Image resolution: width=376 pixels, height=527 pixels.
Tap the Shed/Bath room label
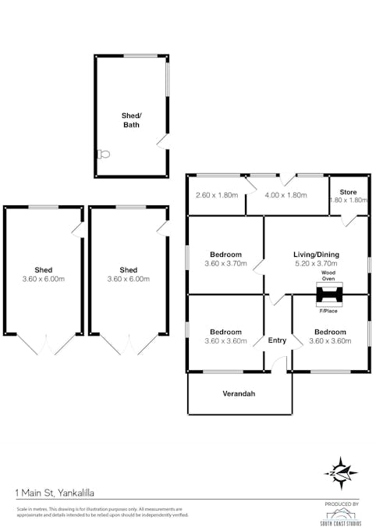131,119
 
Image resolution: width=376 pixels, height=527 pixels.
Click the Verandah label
238,393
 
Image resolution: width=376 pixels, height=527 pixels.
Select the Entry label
277,340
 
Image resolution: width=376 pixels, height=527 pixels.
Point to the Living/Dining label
316,255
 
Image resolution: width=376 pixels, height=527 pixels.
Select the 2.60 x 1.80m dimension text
216,195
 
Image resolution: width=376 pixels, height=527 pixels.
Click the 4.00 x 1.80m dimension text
285,195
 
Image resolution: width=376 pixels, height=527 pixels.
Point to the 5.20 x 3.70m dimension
316,264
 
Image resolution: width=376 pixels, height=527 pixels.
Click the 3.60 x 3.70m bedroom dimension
225,264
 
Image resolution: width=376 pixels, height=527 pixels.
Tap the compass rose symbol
341,473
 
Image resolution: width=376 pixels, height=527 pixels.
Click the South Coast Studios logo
341,515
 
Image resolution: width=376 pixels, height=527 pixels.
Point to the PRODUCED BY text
341,504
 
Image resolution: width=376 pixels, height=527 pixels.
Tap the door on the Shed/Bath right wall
162,141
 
